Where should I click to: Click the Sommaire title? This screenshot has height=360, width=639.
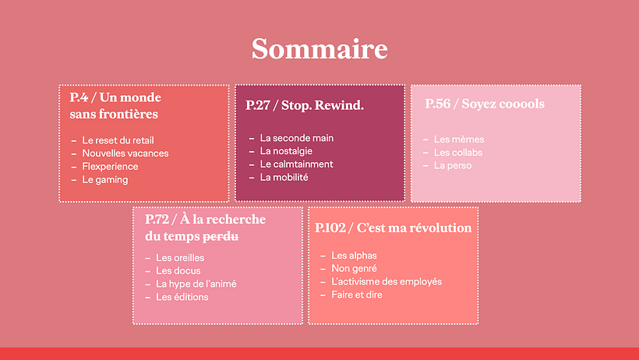319,49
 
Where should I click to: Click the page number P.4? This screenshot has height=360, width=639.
78,97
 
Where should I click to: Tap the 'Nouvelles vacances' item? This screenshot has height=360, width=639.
125,154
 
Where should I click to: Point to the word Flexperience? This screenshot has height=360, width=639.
110,167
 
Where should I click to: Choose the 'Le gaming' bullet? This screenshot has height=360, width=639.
104,180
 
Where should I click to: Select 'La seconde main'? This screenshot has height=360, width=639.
296,138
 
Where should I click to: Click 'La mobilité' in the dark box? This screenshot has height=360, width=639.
284,178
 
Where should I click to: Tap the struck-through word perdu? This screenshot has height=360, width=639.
221,235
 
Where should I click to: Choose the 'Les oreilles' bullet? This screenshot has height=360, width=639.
178,258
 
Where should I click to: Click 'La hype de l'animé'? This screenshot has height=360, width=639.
196,284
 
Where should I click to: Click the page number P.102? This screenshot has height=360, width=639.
331,228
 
